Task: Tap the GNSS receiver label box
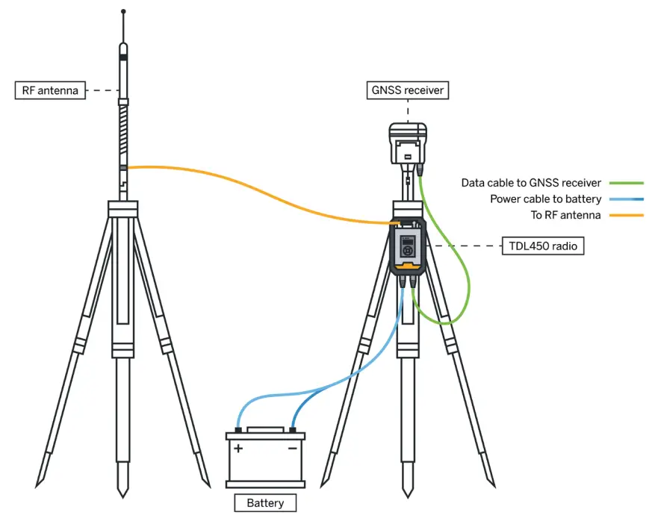coord(408,91)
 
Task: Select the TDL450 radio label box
coord(543,246)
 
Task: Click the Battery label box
coord(265,502)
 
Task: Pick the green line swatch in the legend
coord(626,183)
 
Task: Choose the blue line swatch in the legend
coord(626,199)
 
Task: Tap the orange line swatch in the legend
coord(626,216)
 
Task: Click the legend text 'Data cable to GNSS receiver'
coord(531,183)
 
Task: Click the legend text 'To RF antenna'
coord(565,216)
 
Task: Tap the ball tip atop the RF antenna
coord(123,12)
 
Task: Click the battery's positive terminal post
coord(237,430)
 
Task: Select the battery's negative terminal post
coord(293,430)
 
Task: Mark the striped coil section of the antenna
coord(123,134)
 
